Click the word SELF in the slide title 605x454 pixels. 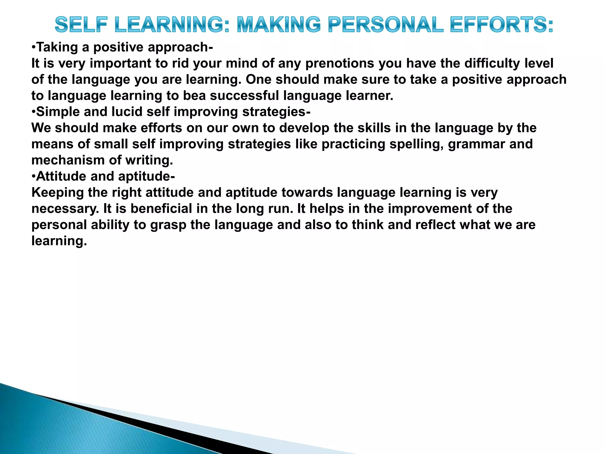click(x=81, y=25)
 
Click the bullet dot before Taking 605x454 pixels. click(x=34, y=47)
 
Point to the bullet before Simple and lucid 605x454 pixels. click(x=34, y=112)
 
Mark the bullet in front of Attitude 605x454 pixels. click(x=34, y=176)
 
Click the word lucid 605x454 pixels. click(x=127, y=112)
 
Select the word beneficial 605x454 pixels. click(x=161, y=209)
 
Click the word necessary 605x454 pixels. click(x=65, y=209)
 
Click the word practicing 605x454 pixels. click(x=353, y=144)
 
